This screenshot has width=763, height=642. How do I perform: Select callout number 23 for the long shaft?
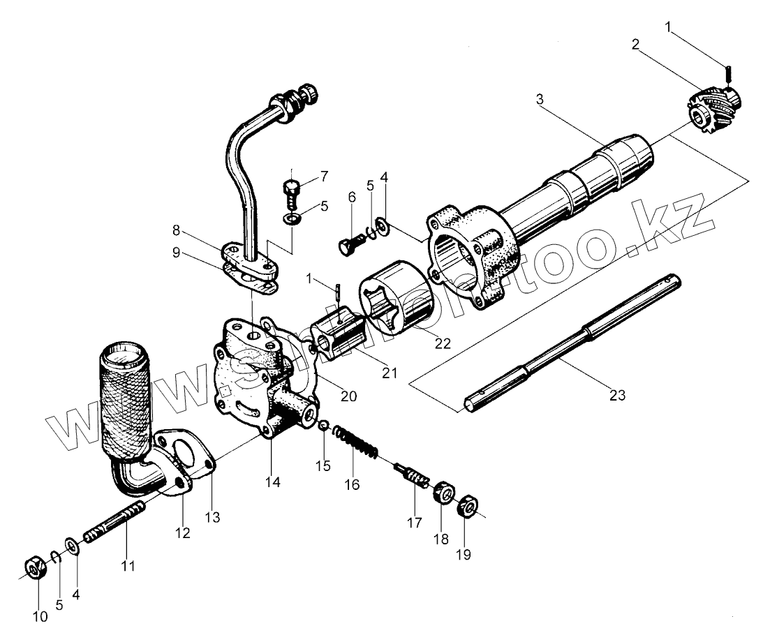(x=616, y=395)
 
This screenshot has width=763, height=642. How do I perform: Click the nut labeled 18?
(x=443, y=493)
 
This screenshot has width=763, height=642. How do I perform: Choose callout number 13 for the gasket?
(x=212, y=517)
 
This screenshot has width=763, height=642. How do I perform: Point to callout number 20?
(x=348, y=396)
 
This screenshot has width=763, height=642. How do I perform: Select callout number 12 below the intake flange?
(x=182, y=533)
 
